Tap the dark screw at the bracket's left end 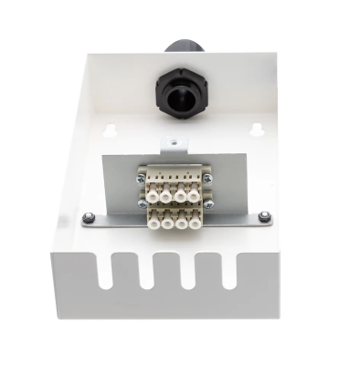(88, 217)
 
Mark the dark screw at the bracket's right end (263, 215)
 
